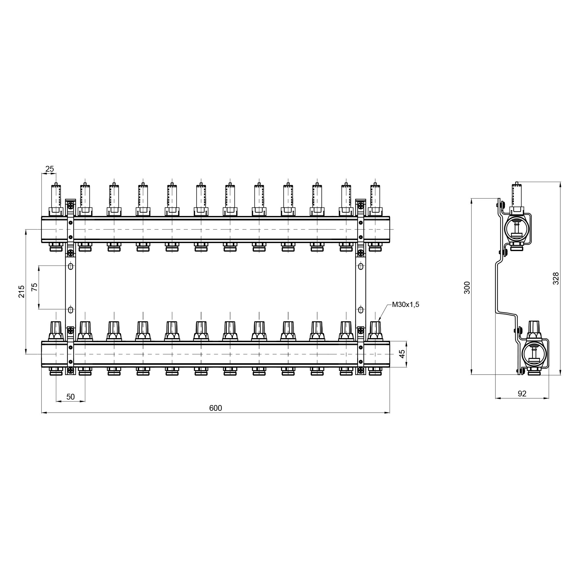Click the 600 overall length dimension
pyautogui.click(x=215, y=408)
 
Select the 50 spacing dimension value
pyautogui.click(x=70, y=397)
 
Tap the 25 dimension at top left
pyautogui.click(x=50, y=169)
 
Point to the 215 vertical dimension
pyautogui.click(x=22, y=291)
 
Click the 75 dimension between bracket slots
pyautogui.click(x=35, y=287)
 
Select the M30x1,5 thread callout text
pyautogui.click(x=406, y=305)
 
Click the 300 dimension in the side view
pyautogui.click(x=467, y=288)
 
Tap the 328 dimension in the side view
pyautogui.click(x=556, y=278)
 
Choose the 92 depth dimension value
pyautogui.click(x=522, y=394)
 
